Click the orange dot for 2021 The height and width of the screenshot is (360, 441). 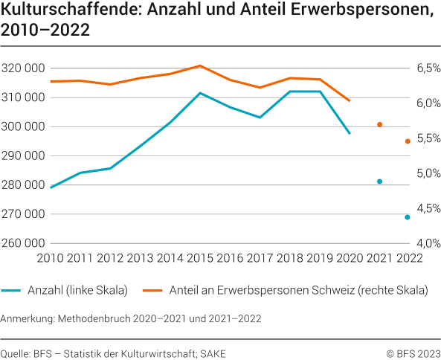[x=379, y=124]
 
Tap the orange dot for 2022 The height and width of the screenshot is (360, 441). [x=408, y=141]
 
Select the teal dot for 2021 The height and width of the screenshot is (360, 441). [x=379, y=181]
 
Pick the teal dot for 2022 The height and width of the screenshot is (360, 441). [x=408, y=217]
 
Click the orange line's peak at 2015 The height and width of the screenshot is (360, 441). [x=200, y=65]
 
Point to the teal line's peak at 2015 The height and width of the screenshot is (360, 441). [x=200, y=93]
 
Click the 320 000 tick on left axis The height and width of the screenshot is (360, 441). [x=24, y=68]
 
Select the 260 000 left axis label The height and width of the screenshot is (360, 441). [x=24, y=243]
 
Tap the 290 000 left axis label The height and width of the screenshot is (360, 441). [x=24, y=156]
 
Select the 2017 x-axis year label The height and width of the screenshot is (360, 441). [x=260, y=258]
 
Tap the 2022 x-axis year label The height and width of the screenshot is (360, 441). [x=409, y=258]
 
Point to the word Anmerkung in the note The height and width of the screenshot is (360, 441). [x=28, y=318]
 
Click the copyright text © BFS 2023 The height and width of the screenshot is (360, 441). [x=412, y=352]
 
